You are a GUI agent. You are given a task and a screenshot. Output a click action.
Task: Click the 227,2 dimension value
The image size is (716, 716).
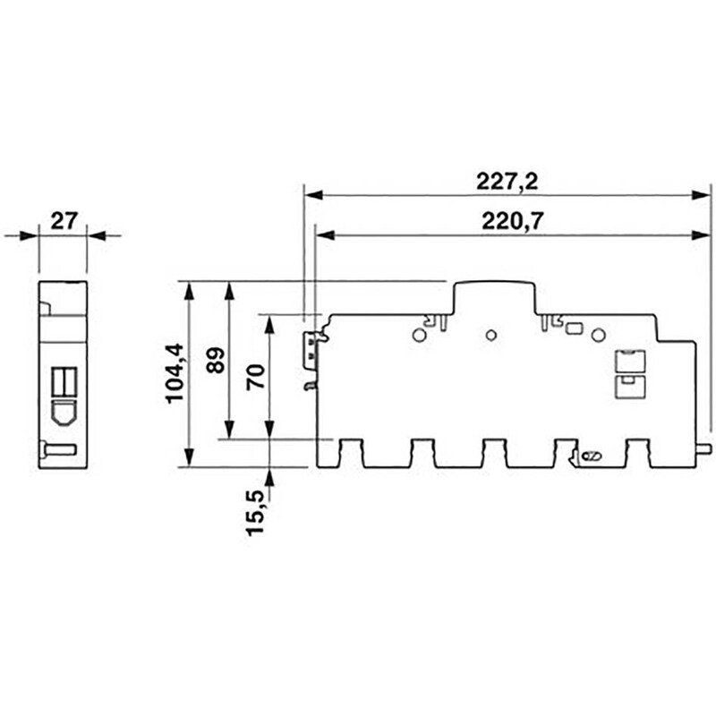point(506,181)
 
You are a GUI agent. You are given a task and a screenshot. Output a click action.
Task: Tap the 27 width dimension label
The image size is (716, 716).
point(64,221)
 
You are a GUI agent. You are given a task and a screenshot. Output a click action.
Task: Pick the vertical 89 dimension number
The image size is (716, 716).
point(215,360)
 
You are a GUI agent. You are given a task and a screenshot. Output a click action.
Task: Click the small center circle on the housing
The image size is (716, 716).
point(490,336)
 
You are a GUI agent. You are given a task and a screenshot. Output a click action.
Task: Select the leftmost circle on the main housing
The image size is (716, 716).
point(418,336)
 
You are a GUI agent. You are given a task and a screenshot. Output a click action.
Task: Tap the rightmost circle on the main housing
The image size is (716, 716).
point(598,336)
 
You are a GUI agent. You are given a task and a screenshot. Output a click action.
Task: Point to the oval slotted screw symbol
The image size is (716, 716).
point(590,457)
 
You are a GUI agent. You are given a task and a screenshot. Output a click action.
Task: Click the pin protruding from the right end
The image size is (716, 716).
point(703,448)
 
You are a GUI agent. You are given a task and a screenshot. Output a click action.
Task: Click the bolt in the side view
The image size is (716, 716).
point(57,449)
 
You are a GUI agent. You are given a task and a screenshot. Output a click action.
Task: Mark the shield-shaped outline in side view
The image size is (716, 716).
point(63,412)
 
